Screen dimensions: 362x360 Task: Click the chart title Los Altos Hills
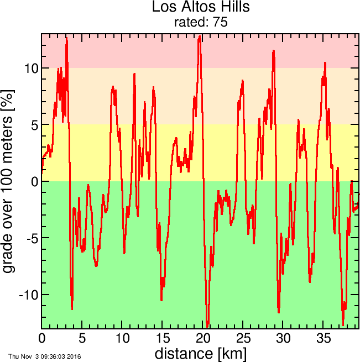click(x=193, y=8)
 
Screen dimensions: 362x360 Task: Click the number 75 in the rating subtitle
click(x=221, y=23)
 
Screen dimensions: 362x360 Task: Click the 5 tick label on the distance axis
click(x=82, y=338)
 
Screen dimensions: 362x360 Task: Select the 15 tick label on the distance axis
click(x=163, y=338)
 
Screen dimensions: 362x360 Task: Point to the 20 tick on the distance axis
click(x=203, y=338)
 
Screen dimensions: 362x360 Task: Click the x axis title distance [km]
click(x=200, y=353)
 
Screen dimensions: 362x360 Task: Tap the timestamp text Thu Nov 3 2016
click(x=44, y=356)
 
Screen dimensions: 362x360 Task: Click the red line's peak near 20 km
click(x=200, y=37)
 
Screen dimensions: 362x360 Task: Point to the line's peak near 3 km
click(x=66, y=38)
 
